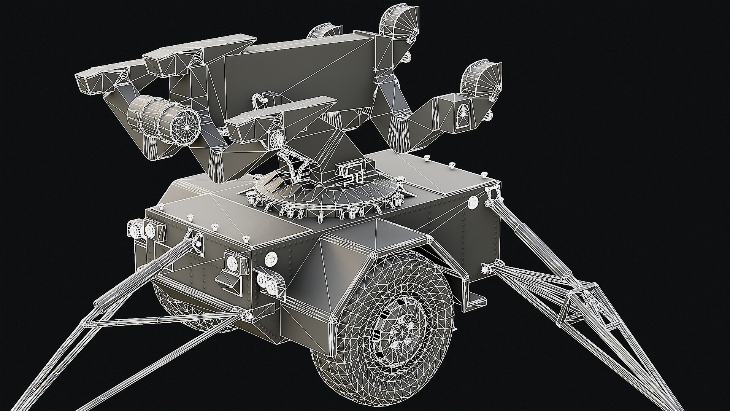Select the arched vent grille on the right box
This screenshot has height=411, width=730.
463,114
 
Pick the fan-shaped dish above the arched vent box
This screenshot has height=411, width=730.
480,78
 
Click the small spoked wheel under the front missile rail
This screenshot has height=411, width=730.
278,139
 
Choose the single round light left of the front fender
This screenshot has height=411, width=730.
271,258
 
